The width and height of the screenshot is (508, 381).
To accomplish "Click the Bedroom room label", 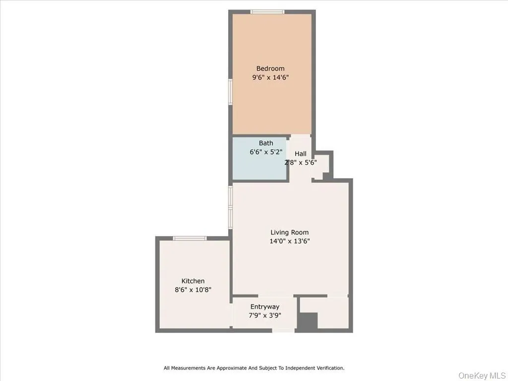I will point(270,68).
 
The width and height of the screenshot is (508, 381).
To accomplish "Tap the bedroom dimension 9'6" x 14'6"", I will point(270,77).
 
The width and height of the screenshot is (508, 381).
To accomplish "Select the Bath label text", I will point(266,143).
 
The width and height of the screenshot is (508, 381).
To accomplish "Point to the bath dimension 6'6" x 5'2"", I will point(266,152).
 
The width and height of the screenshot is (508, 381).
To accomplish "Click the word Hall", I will point(301,154).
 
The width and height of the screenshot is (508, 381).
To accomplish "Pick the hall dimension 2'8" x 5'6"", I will point(301,162).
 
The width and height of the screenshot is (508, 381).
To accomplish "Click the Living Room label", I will point(290,232).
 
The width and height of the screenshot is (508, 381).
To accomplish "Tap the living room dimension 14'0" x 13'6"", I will point(290,241).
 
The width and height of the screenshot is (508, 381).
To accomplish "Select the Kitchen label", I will point(193,281).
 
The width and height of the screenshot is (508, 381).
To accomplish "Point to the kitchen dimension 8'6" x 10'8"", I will point(193,290).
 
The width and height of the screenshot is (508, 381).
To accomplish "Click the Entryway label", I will point(264,307).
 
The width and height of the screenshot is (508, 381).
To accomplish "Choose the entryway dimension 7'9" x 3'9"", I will point(264,315).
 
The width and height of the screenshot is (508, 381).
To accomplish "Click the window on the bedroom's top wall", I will point(267,12).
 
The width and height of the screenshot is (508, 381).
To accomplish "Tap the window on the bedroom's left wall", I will point(230,92).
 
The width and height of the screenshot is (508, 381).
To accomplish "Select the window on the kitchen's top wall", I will point(190,239).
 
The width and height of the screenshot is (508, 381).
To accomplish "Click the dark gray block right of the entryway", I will point(307,322).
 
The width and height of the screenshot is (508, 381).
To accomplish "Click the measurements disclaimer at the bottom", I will point(254,368).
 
